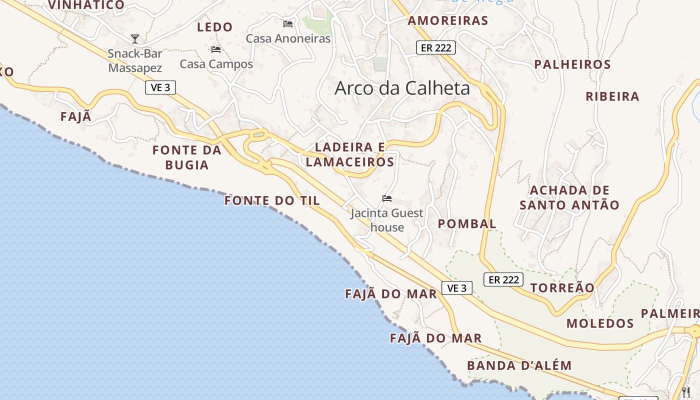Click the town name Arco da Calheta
pos(402,88)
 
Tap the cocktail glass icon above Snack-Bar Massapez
pos(134,38)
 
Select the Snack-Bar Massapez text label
pos(135,60)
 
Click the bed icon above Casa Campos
pos(216,49)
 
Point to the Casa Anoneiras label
pos(288,38)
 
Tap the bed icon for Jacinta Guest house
pos(386,198)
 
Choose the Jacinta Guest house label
pos(387,220)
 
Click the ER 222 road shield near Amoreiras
pos(435,48)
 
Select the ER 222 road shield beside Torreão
pos(503,279)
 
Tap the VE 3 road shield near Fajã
pos(160,87)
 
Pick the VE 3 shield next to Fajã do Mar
pos(457,288)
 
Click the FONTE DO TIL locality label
pos(272,201)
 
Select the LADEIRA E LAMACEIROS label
pos(350,154)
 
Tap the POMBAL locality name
pos(467,224)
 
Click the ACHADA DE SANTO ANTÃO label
pos(569,197)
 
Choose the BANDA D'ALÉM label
pos(519,365)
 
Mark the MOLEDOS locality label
pos(600,323)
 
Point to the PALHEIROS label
pos(572,64)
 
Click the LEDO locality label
pos(215,27)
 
